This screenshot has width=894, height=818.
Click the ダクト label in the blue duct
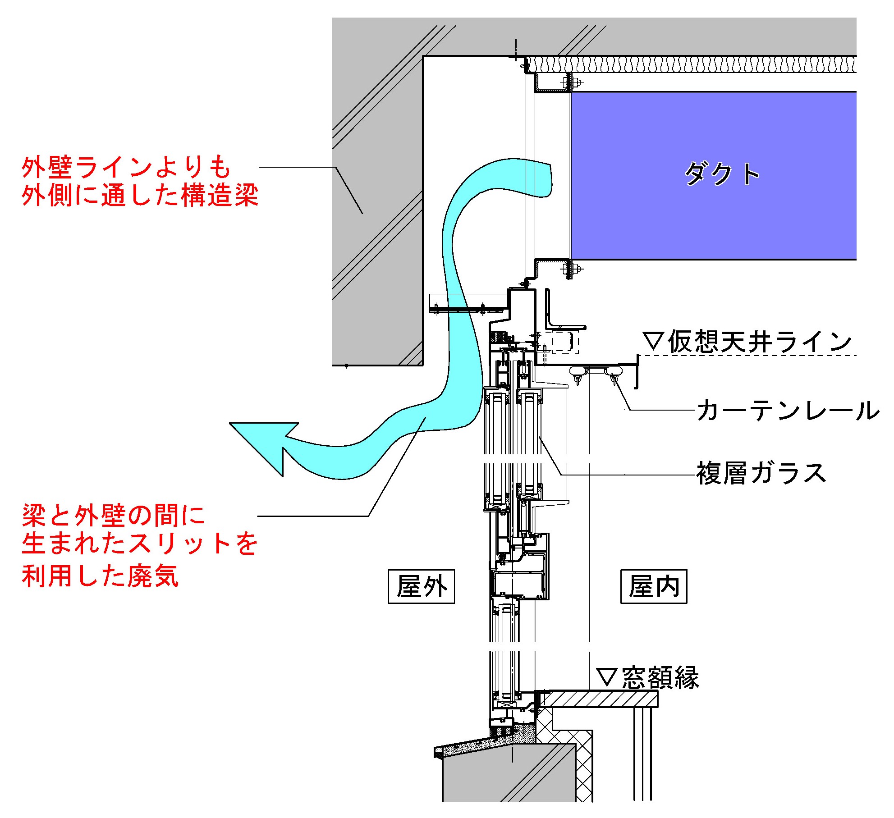point(721,174)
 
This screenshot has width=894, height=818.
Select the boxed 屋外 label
point(421,586)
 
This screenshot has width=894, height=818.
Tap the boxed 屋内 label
point(654,586)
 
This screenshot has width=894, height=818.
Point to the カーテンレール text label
point(788,411)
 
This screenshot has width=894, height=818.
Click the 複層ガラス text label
point(761,473)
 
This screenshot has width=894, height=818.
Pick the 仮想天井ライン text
point(760,342)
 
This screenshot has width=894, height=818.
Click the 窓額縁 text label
point(660,677)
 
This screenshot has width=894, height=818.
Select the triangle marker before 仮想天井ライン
point(653,341)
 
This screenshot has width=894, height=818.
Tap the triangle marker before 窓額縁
point(607,677)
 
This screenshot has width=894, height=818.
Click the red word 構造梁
point(220,196)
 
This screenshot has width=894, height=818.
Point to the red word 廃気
point(153,576)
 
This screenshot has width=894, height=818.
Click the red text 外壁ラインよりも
point(126,167)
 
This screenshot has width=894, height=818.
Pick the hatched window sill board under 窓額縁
point(600,699)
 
